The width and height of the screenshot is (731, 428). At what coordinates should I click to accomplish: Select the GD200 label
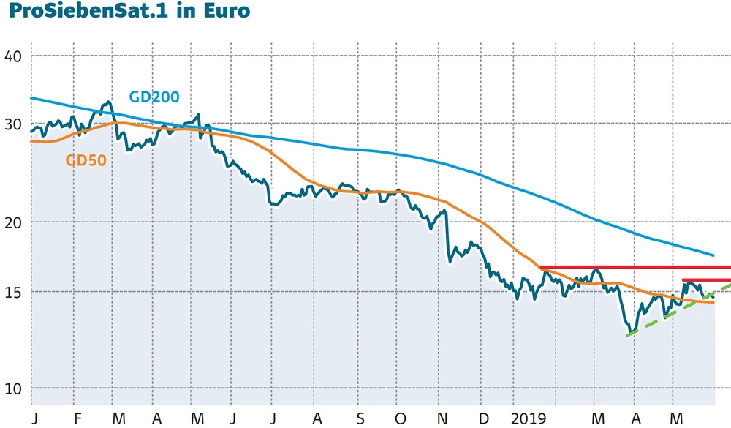pyautogui.click(x=154, y=97)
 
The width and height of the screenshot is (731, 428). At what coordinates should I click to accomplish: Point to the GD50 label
pyautogui.click(x=87, y=160)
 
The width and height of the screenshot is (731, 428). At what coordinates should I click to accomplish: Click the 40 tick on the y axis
pyautogui.click(x=12, y=56)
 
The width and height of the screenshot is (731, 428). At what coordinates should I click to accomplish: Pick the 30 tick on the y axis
pyautogui.click(x=12, y=124)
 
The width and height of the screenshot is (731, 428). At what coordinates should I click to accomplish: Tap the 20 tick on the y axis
pyautogui.click(x=12, y=222)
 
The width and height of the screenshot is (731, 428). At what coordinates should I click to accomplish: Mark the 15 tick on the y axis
pyautogui.click(x=12, y=292)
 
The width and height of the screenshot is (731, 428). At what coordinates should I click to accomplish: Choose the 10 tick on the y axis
pyautogui.click(x=12, y=388)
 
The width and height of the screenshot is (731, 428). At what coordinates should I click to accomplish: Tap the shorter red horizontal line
pyautogui.click(x=705, y=279)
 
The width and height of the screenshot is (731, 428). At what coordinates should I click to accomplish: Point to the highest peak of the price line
pyautogui.click(x=108, y=102)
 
